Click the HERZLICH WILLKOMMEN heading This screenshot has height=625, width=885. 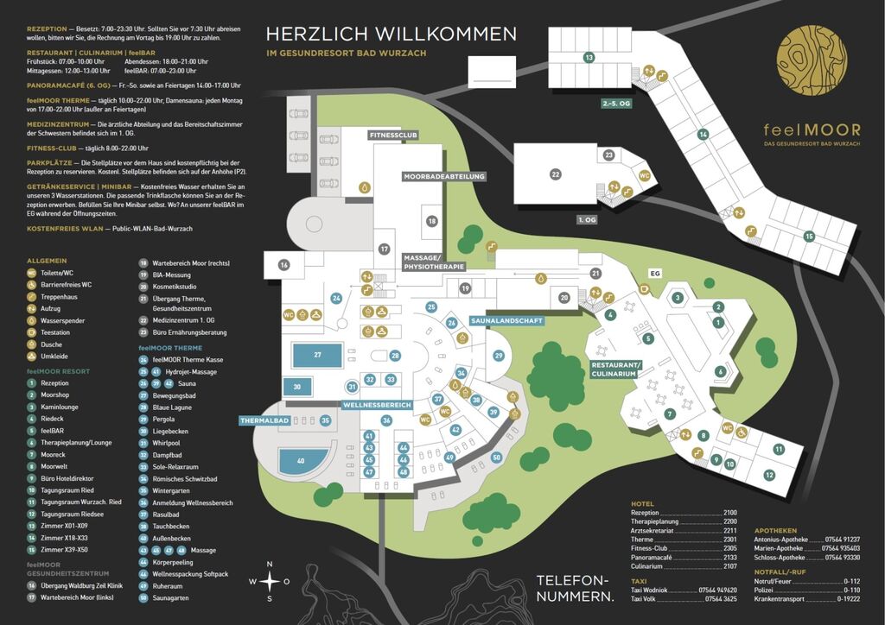[x=392, y=34]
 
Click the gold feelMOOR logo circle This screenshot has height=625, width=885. [x=812, y=60]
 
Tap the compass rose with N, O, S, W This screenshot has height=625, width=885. [x=270, y=581]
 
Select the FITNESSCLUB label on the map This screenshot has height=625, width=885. [x=393, y=136]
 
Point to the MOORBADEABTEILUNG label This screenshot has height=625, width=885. [x=444, y=176]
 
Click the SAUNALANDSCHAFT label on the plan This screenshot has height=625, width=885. [x=506, y=321]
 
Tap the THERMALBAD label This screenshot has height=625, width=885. [x=264, y=421]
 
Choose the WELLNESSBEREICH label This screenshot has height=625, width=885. [x=376, y=405]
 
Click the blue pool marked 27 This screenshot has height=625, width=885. [x=317, y=355]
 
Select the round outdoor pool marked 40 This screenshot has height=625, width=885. [x=300, y=462]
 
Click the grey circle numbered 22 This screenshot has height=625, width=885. [x=556, y=174]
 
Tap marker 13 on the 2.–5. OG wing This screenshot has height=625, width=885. [x=589, y=58]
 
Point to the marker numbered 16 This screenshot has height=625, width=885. [x=283, y=265]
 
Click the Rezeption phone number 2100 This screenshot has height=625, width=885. [x=729, y=513]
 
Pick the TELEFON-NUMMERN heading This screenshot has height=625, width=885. [x=574, y=588]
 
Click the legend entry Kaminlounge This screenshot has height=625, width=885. [x=59, y=407]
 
